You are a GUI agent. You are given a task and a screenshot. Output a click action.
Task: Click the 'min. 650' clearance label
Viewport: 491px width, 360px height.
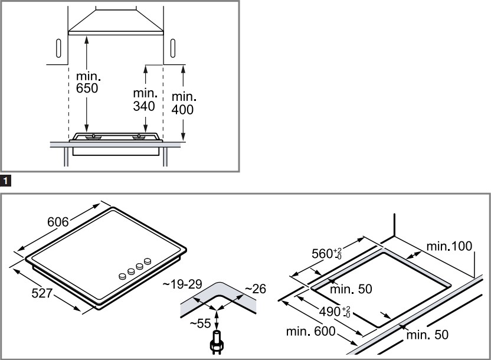click(89, 83)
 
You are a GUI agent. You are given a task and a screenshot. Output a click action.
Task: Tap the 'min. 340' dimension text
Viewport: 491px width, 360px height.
click(144, 100)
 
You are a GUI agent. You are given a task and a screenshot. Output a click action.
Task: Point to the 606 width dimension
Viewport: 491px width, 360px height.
click(58, 222)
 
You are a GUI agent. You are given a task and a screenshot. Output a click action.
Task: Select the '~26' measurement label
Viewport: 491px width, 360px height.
click(255, 289)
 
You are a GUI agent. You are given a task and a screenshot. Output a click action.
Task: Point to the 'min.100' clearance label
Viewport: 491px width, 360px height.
click(450, 246)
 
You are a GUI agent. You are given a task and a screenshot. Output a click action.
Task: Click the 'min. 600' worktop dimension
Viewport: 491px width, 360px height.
click(310, 332)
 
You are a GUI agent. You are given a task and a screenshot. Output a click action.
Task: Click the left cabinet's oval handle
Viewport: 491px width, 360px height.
click(58, 48)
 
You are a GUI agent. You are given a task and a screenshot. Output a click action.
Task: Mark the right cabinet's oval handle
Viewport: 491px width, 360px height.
click(171, 48)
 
